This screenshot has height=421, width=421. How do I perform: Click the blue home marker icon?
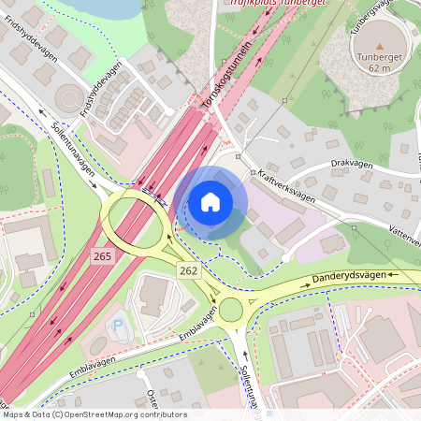pyautogui.click(x=210, y=202)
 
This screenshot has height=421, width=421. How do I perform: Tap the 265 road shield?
pyautogui.click(x=102, y=254)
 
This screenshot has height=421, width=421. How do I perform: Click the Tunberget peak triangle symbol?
pyautogui.click(x=379, y=45)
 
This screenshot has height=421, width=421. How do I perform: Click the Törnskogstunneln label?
pyautogui.click(x=226, y=77)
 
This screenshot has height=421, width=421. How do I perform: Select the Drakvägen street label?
pyautogui.click(x=351, y=165)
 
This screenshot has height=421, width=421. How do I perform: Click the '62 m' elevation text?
pyautogui.click(x=379, y=68)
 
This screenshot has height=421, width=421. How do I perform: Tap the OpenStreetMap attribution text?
pyautogui.click(x=94, y=414)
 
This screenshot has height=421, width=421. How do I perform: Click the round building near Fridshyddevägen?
pyautogui.click(x=69, y=96)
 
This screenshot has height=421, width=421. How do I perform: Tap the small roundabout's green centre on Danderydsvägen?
pyautogui.click(x=230, y=310)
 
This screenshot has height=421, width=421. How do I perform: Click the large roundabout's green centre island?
pyautogui.click(x=136, y=221)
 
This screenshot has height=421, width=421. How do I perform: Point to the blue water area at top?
pyautogui.click(x=112, y=7)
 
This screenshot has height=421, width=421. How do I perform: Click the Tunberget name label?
pyautogui.click(x=379, y=57)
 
